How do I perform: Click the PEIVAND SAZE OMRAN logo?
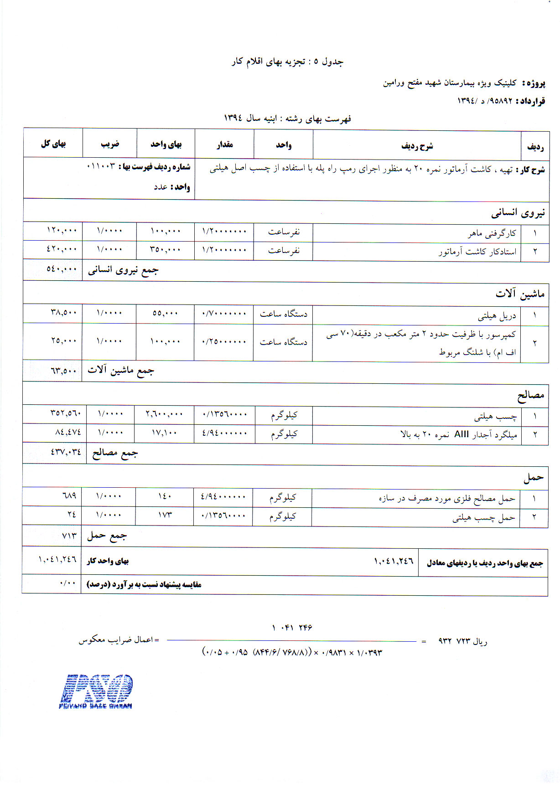coord(95,691)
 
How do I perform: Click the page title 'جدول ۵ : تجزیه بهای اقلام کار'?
coord(287,62)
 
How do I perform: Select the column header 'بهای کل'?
coord(53,144)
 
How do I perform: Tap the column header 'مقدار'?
coord(224,145)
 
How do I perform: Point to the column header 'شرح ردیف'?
coord(417,146)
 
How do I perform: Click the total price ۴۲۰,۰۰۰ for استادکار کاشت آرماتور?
coord(62,249)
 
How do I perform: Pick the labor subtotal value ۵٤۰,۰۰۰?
coord(62,269)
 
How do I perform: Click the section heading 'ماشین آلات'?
coord(520,294)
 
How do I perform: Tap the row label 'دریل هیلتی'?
coord(497,315)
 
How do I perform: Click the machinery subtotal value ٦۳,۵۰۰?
coord(63,371)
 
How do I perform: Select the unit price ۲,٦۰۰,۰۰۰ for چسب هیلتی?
coord(164,414)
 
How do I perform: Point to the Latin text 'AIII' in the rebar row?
coord(461,434)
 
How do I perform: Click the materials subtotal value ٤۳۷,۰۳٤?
coord(66,452)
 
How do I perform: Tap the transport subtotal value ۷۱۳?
coord(69,535)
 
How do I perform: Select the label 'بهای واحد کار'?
coord(108,561)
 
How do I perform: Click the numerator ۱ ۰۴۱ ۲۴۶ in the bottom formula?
coord(292,628)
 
